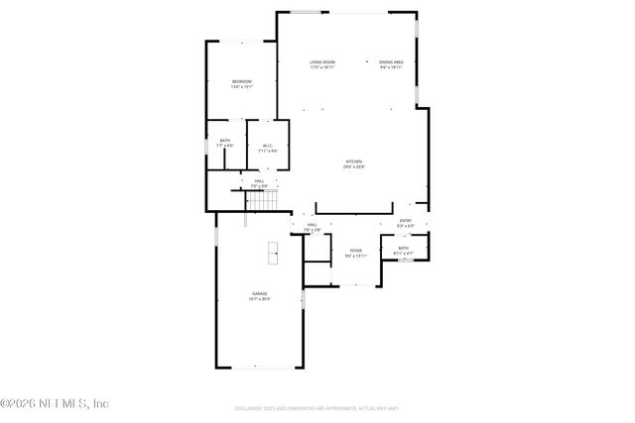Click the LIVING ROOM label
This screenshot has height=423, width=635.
[x=321, y=62]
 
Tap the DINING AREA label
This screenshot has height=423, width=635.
[x=391, y=62]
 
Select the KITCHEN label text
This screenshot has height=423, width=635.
[x=353, y=161]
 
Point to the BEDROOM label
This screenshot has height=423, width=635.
[x=242, y=81]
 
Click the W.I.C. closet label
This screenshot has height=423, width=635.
[x=266, y=147]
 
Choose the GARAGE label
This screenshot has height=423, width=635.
[x=260, y=293]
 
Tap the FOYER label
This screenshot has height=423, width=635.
[x=355, y=251]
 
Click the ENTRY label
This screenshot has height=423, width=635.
[x=405, y=220]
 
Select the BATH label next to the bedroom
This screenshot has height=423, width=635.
[x=225, y=141]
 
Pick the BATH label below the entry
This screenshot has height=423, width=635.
[x=404, y=248]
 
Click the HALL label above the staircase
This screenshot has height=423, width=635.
[x=258, y=181]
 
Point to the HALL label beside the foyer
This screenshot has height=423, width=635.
[x=312, y=225]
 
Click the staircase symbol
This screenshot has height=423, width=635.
[x=262, y=201]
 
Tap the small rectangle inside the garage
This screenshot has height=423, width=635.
[x=272, y=253]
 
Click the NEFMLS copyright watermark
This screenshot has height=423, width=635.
[x=55, y=403]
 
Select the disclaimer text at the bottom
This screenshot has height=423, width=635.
[x=317, y=407]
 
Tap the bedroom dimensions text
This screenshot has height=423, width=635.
[x=242, y=87]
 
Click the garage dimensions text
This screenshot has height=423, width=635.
[x=260, y=299]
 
